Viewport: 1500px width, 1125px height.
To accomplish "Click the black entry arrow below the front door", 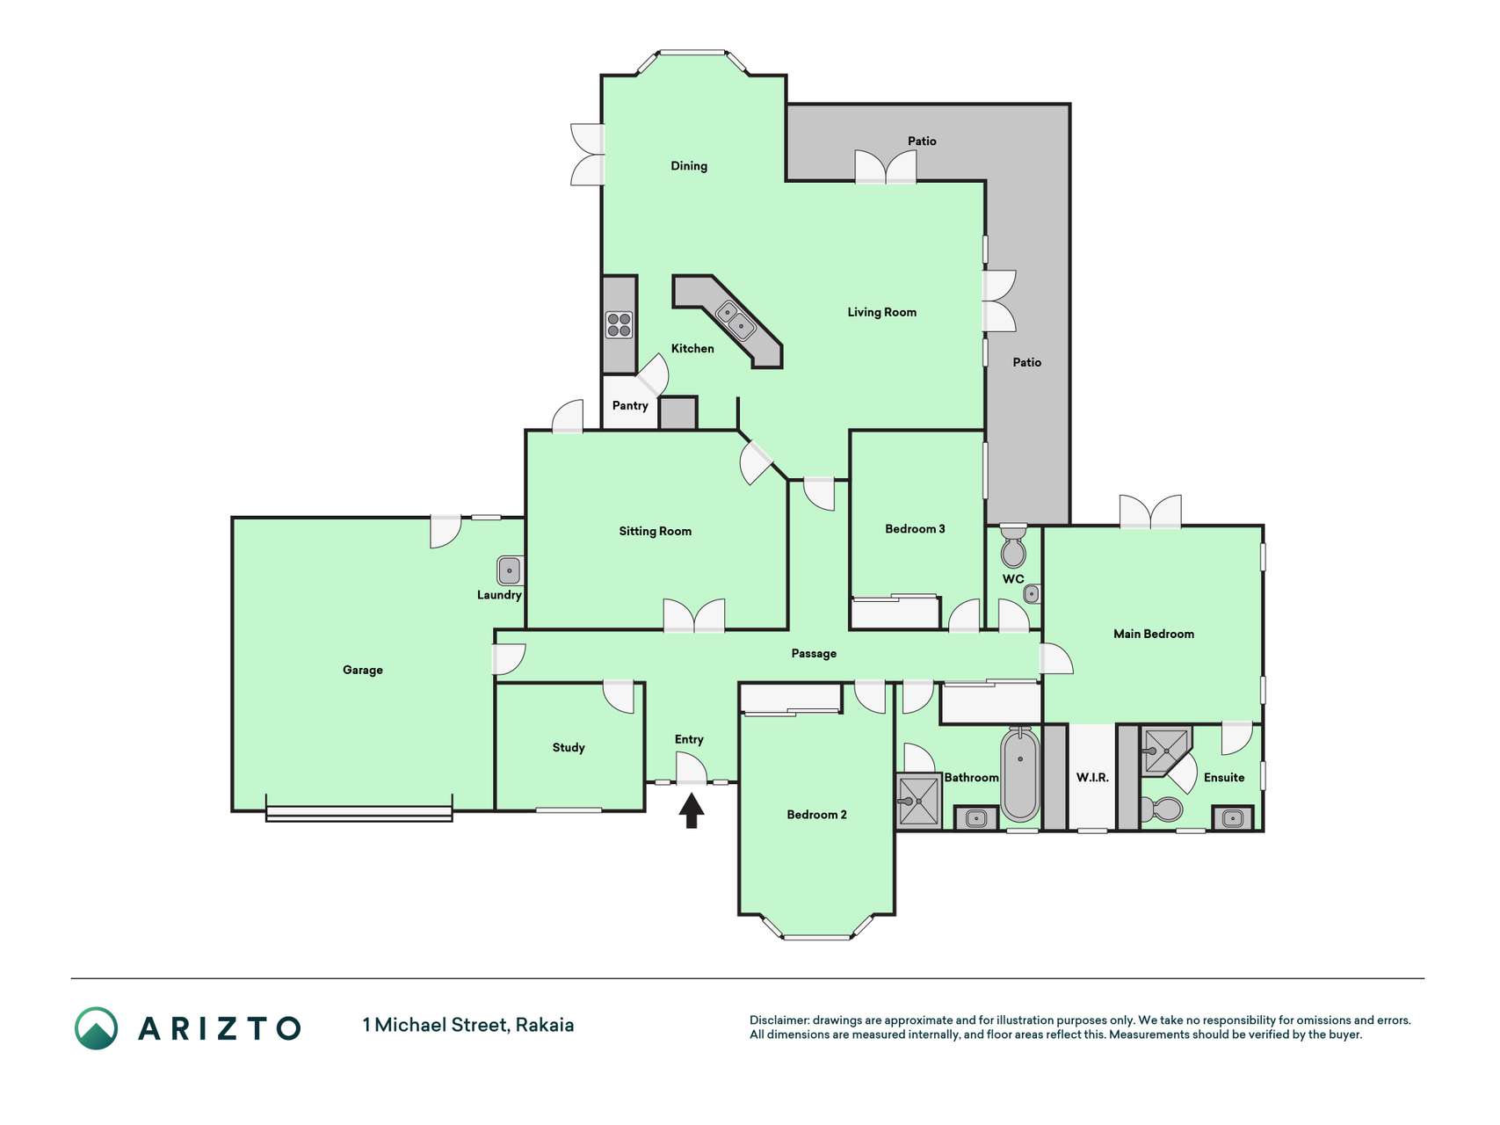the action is pyautogui.click(x=692, y=810).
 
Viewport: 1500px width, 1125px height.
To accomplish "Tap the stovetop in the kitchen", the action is pyautogui.click(x=619, y=325).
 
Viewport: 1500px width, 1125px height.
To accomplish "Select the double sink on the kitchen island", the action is pyautogui.click(x=736, y=320).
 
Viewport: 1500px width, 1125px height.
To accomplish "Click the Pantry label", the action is pyautogui.click(x=630, y=405).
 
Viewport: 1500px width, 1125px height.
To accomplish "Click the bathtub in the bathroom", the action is pyautogui.click(x=1019, y=774).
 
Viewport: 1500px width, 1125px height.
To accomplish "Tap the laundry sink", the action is pyautogui.click(x=509, y=570).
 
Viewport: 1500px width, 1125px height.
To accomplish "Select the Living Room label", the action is pyautogui.click(x=881, y=312).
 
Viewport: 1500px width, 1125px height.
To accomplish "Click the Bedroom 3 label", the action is pyautogui.click(x=915, y=528).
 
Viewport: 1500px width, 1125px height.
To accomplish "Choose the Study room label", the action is pyautogui.click(x=569, y=747).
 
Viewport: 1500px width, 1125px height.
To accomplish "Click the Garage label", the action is pyautogui.click(x=363, y=670).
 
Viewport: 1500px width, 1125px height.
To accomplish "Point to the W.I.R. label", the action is pyautogui.click(x=1092, y=778).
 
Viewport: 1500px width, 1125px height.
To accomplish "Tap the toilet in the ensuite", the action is pyautogui.click(x=1161, y=808).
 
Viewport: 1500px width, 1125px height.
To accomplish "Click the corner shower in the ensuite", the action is pyautogui.click(x=1163, y=751).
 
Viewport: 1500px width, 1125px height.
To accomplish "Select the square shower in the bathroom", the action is pyautogui.click(x=917, y=801).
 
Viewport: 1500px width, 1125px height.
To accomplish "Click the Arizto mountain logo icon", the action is pyautogui.click(x=96, y=1027).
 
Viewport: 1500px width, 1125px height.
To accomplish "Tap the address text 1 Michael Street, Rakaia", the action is pyautogui.click(x=468, y=1025).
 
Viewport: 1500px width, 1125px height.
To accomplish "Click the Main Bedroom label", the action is pyautogui.click(x=1153, y=634).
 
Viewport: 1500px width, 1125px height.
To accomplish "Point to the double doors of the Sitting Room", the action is pyautogui.click(x=694, y=615).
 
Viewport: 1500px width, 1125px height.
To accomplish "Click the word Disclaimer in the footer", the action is pyautogui.click(x=779, y=1020).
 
